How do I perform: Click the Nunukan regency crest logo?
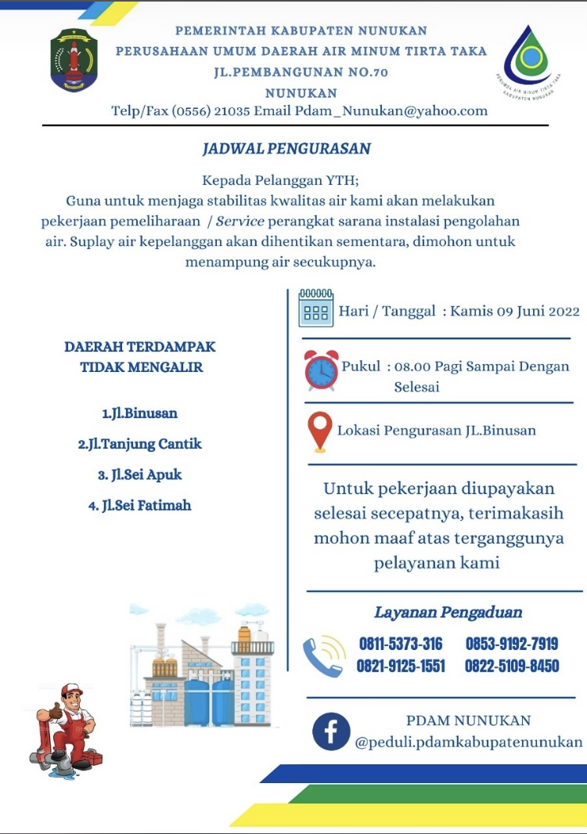point(74,60)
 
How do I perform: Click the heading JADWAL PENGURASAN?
point(286,149)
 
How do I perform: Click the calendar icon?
point(315,307)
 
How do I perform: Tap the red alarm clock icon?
point(321,370)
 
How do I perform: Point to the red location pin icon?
point(319,431)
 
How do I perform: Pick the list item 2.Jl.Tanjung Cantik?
point(139,444)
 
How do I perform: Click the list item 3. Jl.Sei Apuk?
point(139,475)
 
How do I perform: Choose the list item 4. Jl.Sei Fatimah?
point(139,505)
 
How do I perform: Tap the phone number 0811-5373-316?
point(401,644)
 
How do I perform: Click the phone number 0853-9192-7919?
point(511,644)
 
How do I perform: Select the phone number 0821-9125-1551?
point(401,666)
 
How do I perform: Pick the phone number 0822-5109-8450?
point(511,666)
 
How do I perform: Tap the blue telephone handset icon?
point(323,656)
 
